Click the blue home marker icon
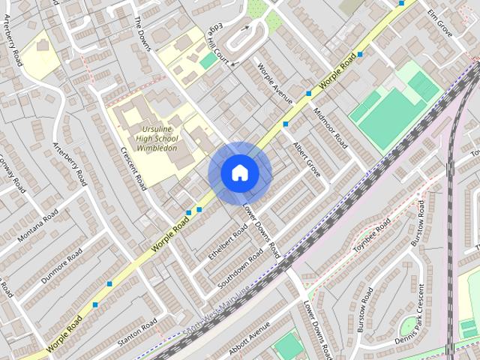point(239,173)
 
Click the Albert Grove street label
point(307,158)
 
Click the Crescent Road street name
point(133,168)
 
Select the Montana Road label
point(37,226)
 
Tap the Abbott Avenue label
point(249,338)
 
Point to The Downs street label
point(143,33)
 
